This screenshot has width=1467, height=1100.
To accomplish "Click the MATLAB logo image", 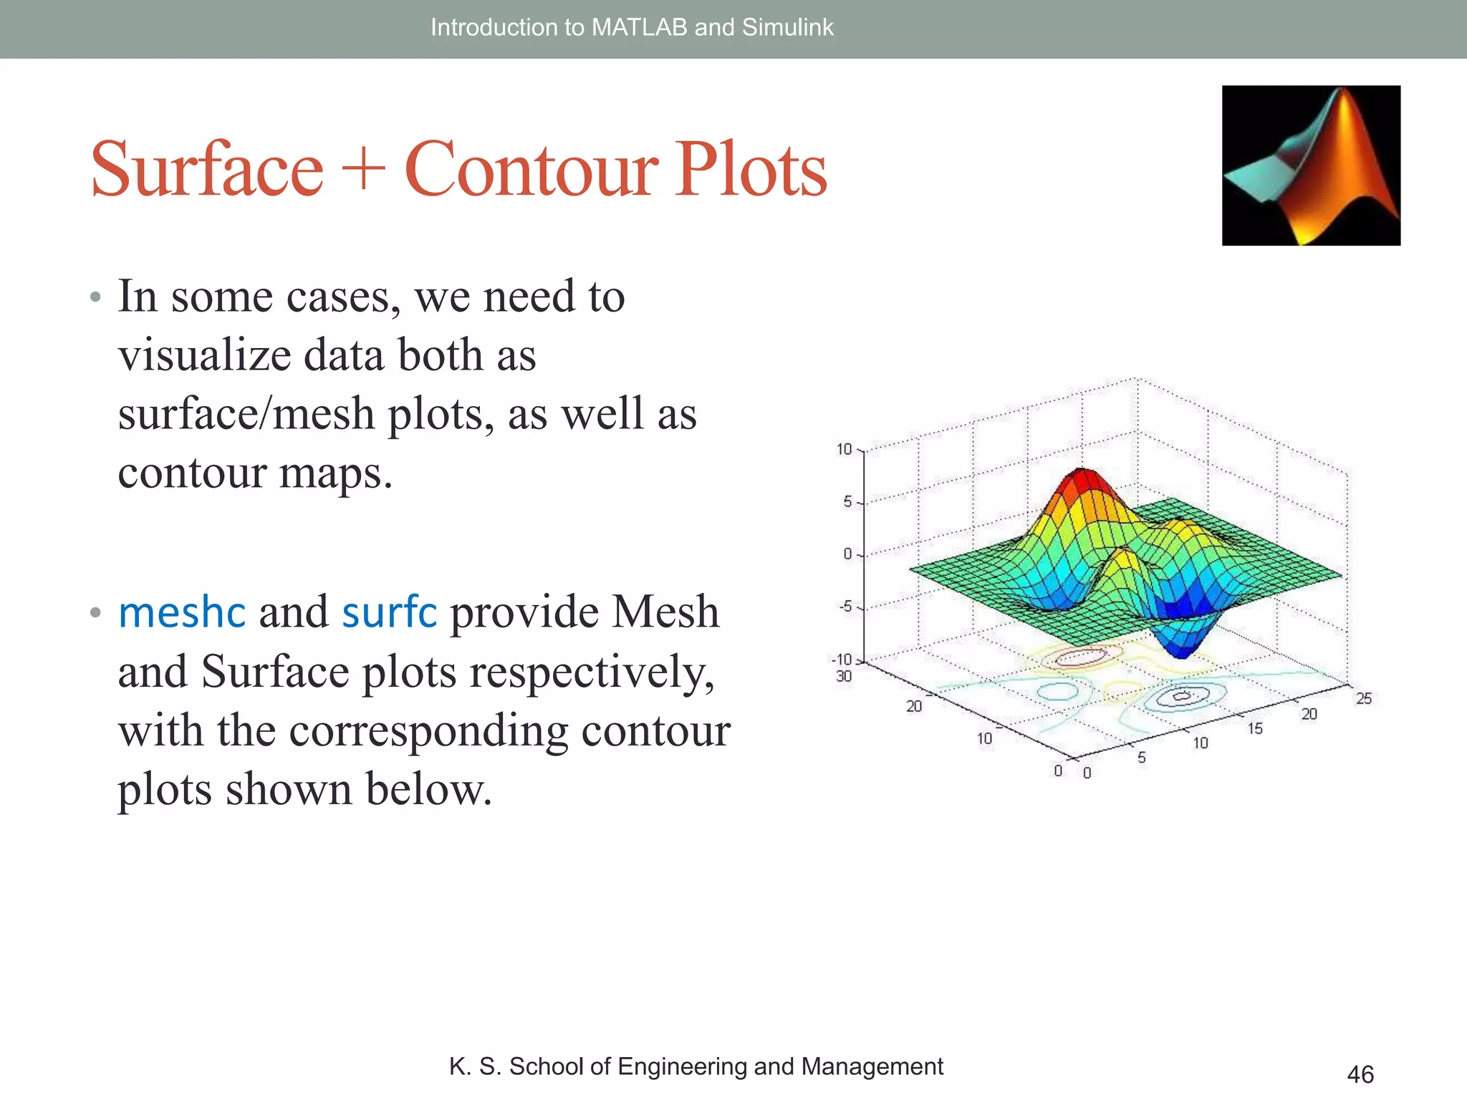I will point(1311,165).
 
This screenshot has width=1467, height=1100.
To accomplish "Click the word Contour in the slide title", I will point(531,170).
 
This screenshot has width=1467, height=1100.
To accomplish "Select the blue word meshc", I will point(182,613).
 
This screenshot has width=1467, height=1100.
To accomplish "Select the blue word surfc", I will point(389,613).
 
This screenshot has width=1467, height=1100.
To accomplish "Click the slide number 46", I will point(1360,1074).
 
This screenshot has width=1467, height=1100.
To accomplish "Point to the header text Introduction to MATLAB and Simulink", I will point(632,27).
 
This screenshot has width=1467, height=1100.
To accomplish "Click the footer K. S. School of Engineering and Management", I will point(696,1066).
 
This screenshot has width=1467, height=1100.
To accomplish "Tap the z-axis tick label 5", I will point(847,502).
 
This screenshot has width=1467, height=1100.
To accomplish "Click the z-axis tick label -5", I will point(846,607).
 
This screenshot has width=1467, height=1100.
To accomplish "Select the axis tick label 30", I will point(844,676).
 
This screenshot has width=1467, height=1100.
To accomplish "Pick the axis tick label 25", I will point(1364,698).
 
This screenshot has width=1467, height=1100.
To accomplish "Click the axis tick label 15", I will point(1255,728).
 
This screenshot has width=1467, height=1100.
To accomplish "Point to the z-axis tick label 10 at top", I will point(845,449).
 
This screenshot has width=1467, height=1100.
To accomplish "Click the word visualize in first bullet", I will point(204,356).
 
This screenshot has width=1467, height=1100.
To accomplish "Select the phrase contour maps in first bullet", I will point(255,473).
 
